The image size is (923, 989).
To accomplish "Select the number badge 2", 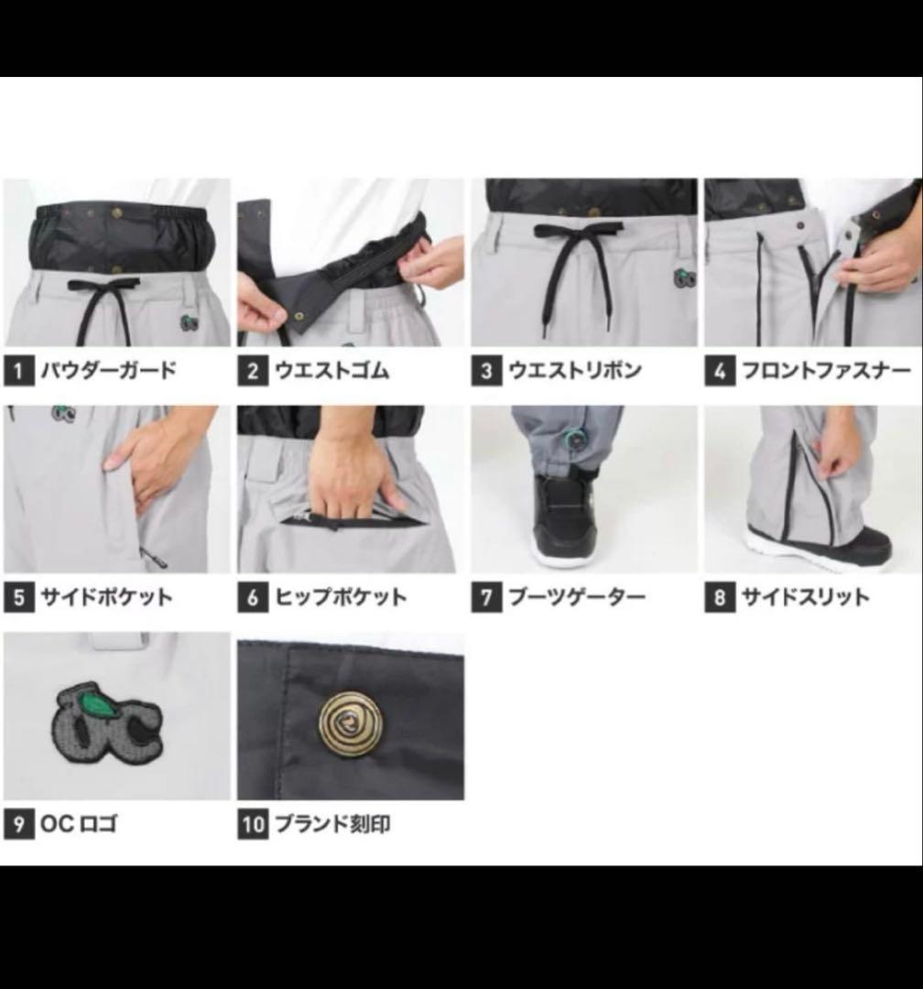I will (x=252, y=372).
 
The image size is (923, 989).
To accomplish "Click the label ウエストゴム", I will (x=331, y=372).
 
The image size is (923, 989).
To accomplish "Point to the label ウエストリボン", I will (x=574, y=372).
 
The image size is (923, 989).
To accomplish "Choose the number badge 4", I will (x=720, y=372).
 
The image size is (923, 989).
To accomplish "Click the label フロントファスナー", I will (x=825, y=372).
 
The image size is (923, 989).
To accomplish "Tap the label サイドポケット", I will (x=106, y=598).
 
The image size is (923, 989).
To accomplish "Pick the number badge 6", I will (x=252, y=598).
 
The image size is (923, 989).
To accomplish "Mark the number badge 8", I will (x=720, y=598).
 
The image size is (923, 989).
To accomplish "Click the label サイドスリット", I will (x=805, y=598).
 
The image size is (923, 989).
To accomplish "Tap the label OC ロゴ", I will (x=80, y=824).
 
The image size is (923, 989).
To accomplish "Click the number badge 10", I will (x=254, y=824).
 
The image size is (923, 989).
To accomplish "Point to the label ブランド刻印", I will (x=333, y=824).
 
